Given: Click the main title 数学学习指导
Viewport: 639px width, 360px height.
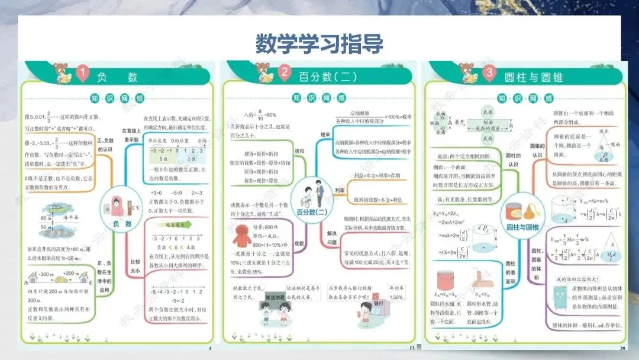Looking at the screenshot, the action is [x=319, y=43].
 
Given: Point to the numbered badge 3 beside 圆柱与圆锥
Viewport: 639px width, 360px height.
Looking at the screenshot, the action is [x=488, y=73].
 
